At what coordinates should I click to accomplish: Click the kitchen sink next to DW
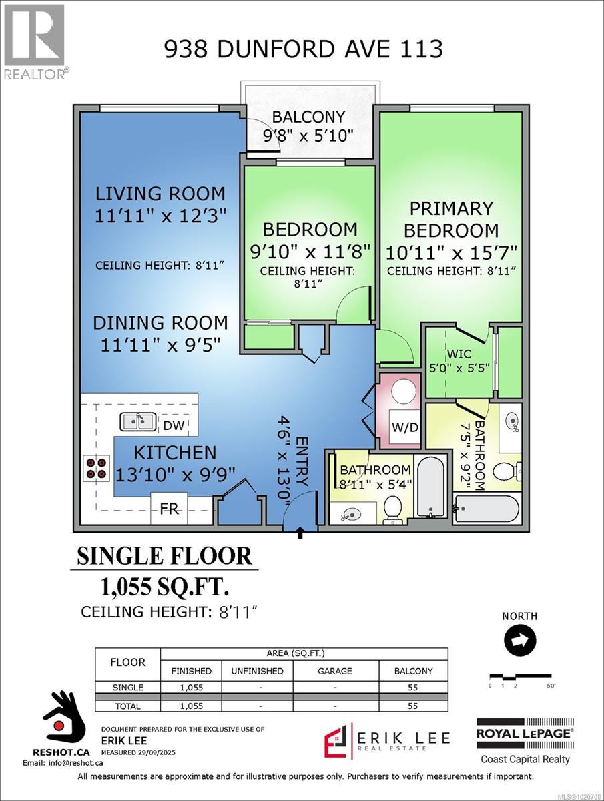[138, 423]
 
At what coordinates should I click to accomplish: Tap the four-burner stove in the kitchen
[96, 467]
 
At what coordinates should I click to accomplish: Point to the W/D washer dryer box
[405, 427]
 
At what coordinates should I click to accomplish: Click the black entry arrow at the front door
[299, 532]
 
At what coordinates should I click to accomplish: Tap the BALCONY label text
[308, 117]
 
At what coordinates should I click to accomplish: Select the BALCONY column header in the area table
[413, 671]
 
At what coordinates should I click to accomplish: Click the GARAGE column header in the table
[334, 671]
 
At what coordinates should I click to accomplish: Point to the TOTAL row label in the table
[127, 706]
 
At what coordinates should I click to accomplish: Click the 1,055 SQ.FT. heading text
[164, 587]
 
